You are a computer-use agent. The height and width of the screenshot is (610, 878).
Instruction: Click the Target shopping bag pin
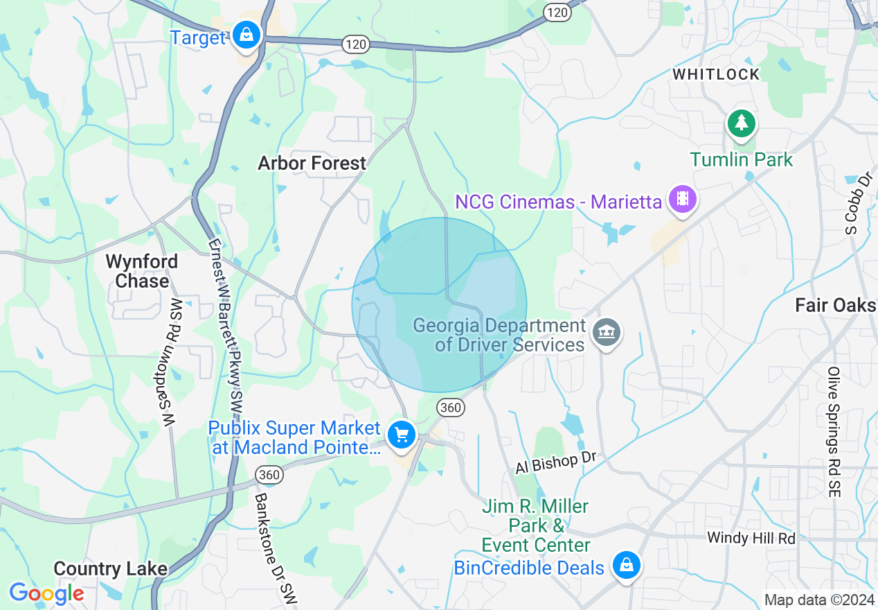point(245,34)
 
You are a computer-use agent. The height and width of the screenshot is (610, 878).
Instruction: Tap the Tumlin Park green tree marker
point(742,124)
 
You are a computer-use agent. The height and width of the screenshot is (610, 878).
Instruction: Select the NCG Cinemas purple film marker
point(683,200)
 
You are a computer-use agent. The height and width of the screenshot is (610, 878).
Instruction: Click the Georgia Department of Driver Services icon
point(607,333)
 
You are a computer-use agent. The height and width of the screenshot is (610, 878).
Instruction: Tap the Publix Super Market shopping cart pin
point(402,435)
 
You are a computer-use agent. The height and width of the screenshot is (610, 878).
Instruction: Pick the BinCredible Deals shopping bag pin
point(626,565)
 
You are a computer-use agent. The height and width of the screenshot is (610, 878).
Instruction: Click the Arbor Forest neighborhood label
point(312,163)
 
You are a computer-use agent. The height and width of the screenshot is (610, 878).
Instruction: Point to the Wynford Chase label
point(142,271)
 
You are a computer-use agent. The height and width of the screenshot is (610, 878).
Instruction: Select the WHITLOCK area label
point(716,74)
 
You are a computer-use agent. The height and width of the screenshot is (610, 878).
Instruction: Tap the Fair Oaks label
point(835,305)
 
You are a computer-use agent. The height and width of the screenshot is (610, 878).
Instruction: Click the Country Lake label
point(110,569)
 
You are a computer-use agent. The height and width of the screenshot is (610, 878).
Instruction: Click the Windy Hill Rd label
point(751,537)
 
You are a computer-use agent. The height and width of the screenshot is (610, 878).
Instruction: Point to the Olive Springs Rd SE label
point(834,431)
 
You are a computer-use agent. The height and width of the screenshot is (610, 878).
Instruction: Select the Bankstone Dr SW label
point(274,548)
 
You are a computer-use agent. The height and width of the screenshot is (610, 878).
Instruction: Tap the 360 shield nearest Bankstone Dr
point(269,475)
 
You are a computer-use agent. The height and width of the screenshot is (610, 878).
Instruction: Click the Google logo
point(46,593)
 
